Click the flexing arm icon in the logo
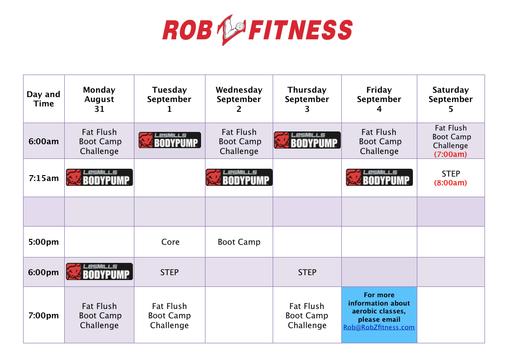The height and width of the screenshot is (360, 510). (231, 29)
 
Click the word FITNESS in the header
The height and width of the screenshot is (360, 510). (301, 29)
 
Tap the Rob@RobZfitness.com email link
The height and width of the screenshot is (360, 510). (379, 327)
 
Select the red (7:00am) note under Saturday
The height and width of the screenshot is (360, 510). (451, 154)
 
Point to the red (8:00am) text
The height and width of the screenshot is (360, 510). (451, 183)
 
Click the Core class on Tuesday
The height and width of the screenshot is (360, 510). (170, 242)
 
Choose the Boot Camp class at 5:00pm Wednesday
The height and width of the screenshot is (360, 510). (239, 242)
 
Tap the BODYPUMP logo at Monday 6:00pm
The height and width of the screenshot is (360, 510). (100, 272)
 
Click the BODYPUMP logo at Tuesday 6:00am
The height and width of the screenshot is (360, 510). (170, 140)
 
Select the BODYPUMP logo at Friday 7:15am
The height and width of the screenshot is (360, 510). (379, 177)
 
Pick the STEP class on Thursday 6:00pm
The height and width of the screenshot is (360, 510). (307, 272)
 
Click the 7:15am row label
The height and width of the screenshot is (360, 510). (44, 178)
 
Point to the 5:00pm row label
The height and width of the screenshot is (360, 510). (44, 242)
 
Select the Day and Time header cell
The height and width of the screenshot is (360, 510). (44, 99)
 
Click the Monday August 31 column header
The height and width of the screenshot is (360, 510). (99, 99)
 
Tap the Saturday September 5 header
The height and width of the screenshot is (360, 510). (451, 99)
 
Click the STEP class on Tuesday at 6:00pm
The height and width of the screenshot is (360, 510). (170, 272)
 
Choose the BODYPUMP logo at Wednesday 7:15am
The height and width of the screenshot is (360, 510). (239, 177)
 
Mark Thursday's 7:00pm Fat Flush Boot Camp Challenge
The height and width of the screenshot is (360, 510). (307, 316)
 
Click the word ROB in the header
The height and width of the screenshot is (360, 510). (187, 30)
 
